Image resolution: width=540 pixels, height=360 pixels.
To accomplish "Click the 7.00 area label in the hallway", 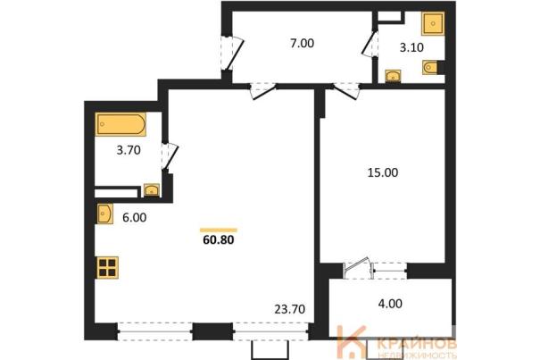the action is tap(302, 44).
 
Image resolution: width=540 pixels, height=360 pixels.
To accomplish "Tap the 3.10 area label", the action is tap(411, 47).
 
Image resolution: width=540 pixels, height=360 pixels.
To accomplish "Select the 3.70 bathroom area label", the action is tap(129, 150).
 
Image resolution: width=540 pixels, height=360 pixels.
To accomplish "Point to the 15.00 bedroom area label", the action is tap(383, 172).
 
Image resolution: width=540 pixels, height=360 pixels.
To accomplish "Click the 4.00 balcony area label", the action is tap(390, 304).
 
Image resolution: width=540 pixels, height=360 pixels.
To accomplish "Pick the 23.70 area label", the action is tap(289, 309).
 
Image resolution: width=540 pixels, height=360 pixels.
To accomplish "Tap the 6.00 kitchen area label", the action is tap(134, 218).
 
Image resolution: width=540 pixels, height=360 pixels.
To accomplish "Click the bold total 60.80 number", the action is tap(219, 239).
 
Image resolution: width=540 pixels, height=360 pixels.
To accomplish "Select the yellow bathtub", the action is tap(120, 124).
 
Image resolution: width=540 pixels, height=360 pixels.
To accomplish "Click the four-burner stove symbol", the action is tap(107, 267).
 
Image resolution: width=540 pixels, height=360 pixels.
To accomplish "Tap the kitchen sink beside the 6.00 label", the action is tap(104, 213).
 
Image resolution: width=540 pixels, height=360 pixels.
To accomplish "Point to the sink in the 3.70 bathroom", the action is tap(152, 190).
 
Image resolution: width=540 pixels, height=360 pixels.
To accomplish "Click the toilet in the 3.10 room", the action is tap(430, 67).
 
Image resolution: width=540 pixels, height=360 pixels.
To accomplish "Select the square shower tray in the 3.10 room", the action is tap(433, 23).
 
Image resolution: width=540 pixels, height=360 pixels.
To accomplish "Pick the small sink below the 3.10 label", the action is tap(393, 76).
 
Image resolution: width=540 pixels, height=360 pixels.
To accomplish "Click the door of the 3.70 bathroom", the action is tap(170, 157).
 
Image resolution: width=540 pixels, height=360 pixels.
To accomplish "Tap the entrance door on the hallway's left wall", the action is tap(232, 53).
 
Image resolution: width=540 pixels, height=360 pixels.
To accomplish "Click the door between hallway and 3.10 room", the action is tap(370, 44).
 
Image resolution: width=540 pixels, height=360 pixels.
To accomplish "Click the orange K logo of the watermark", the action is tap(352, 341).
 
